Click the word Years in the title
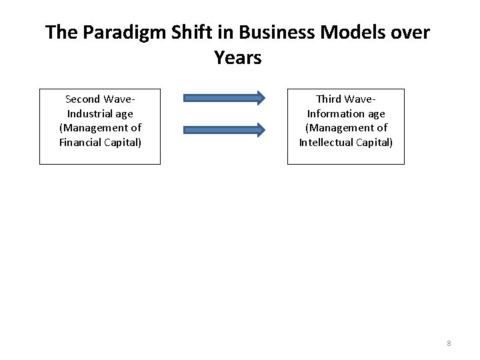238,58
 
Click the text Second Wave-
100,99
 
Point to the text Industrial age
100,113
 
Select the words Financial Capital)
100,142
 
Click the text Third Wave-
346,99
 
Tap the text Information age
346,113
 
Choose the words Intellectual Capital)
346,142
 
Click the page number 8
449,343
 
